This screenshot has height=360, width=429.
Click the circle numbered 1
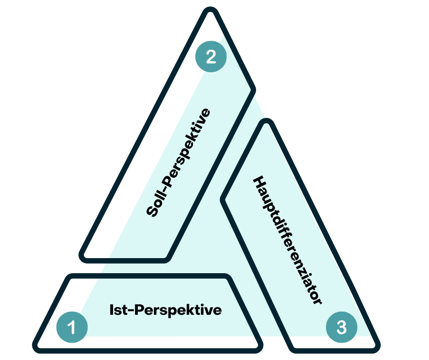72,327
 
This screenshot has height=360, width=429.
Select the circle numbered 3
341,327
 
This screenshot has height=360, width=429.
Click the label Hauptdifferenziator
288,240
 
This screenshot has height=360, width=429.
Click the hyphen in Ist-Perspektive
130,311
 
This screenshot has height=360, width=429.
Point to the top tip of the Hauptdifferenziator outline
267,122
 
